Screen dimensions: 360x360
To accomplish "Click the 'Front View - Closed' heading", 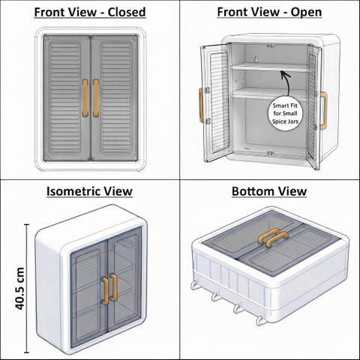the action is (90, 12).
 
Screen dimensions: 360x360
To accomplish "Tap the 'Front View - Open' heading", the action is (269, 12).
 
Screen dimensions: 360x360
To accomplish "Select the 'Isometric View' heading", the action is (89, 191).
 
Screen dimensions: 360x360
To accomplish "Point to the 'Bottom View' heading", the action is (269, 191).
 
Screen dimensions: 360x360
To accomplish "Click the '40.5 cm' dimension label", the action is (19, 289).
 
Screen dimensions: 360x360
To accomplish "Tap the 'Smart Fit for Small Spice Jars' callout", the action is (285, 113).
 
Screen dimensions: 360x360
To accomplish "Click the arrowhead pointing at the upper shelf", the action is (283, 73).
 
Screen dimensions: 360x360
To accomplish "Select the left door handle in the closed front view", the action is (85, 98).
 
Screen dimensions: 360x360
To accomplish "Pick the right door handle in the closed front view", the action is (96, 98).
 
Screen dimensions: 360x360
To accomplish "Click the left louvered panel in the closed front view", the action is (64, 97).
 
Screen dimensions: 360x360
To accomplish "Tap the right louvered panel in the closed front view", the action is (116, 97).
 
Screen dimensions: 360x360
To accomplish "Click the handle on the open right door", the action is (323, 110).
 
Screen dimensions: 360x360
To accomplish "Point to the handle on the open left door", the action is (201, 105).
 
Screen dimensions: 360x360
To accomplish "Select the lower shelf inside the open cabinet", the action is (269, 94).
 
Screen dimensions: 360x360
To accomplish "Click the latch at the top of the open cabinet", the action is (270, 46).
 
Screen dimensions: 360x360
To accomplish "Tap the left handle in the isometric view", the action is (106, 290).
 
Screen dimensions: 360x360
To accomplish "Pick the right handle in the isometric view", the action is (114, 287).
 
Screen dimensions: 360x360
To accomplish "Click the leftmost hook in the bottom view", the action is (194, 285).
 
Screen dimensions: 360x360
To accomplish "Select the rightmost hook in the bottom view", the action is (260, 320).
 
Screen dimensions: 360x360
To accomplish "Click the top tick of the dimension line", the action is (27, 225).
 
